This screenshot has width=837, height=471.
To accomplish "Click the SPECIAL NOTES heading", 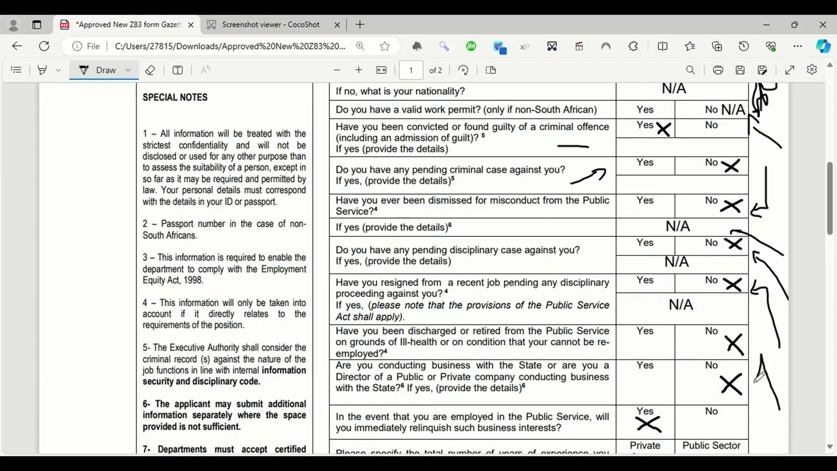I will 175,97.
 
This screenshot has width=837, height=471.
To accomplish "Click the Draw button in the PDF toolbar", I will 105,70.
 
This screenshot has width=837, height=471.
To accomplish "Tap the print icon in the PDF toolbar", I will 718,70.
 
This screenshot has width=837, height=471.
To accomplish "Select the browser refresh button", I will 44,46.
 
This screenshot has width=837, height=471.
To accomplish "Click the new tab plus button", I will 360,25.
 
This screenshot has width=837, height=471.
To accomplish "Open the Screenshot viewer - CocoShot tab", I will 271,25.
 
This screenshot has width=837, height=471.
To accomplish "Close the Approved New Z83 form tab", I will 190,25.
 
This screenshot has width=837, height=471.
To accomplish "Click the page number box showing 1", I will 411,70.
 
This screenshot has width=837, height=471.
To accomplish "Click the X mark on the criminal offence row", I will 663,129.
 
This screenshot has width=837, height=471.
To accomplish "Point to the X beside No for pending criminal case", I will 730,167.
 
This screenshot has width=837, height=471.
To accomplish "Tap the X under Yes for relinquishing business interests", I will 647,425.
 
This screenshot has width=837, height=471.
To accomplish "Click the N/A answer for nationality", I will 674,89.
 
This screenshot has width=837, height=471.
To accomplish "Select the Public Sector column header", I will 711,445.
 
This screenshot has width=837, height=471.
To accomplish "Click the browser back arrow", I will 17,46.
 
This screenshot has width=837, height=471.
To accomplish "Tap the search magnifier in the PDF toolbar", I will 690,70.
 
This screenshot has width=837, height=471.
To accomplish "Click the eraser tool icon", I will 150,70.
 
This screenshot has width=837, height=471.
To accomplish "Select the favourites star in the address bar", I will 384,46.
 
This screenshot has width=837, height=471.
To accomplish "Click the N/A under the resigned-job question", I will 680,305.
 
